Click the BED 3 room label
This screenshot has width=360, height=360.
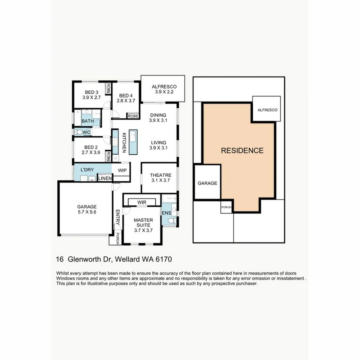click(x=91, y=92)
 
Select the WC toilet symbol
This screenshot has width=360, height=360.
click(x=79, y=132)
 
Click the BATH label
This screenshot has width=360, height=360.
click(x=88, y=121)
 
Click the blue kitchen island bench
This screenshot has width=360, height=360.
click(x=133, y=142)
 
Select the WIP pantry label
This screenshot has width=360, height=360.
click(x=122, y=170)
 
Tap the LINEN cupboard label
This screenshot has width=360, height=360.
click(x=105, y=179)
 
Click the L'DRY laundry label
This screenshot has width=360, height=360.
click(x=87, y=170)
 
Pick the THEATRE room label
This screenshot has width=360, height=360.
click(x=160, y=175)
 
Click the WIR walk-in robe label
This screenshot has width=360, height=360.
click(x=142, y=202)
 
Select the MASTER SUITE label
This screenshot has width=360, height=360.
click(x=143, y=223)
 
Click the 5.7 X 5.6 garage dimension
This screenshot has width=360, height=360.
click(x=87, y=211)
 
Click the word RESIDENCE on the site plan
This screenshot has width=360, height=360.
click(x=242, y=150)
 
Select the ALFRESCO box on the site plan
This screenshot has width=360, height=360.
click(x=267, y=109)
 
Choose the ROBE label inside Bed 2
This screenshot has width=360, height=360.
click(x=108, y=156)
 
